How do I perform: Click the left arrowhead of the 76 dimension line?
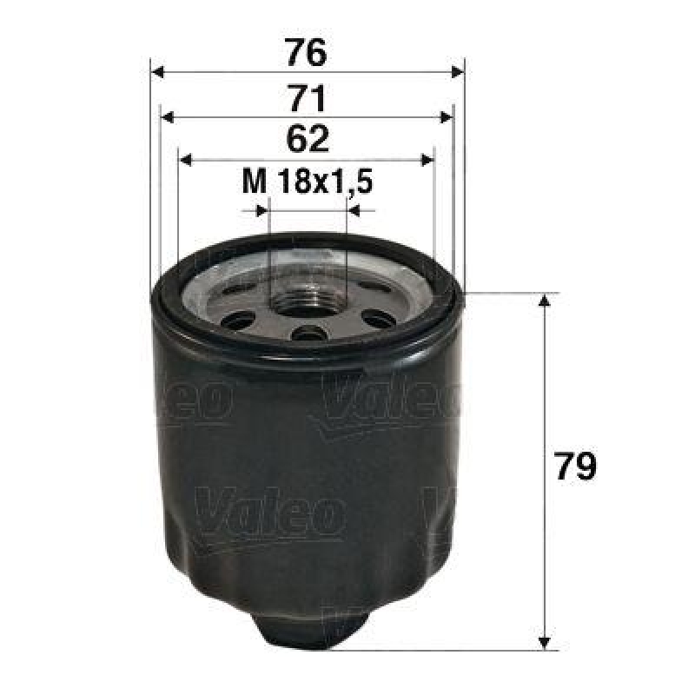point(157,72)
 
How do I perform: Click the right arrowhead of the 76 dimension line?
point(458,72)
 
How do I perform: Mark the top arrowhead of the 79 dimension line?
point(545,301)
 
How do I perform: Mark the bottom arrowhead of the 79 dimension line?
point(545,642)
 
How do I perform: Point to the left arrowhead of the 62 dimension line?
point(185,160)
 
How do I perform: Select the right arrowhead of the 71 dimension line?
point(447,116)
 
